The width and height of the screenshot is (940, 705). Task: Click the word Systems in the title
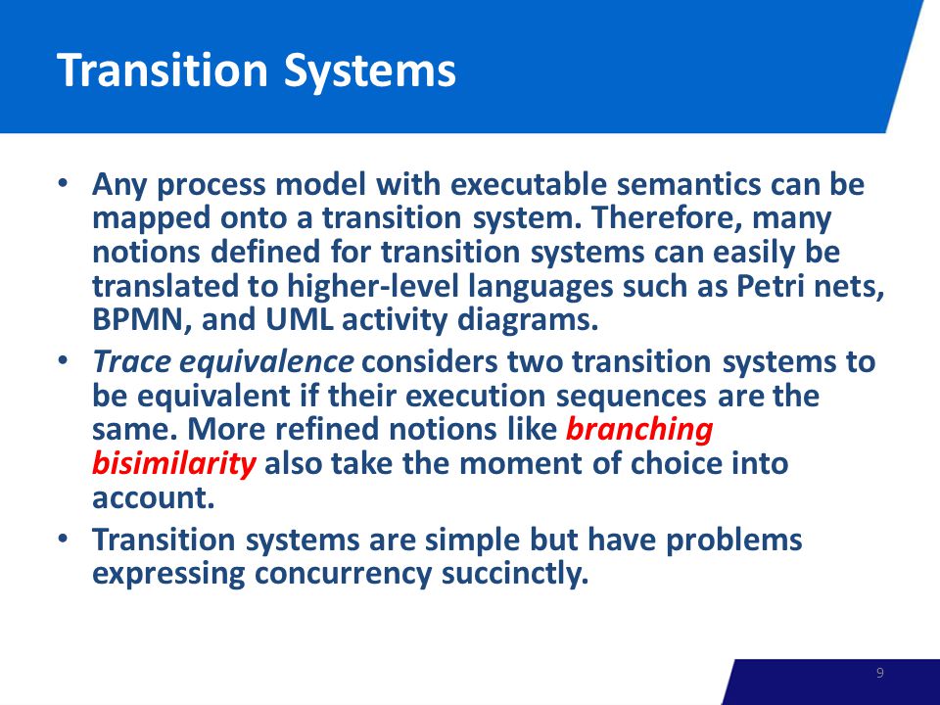pyautogui.click(x=369, y=71)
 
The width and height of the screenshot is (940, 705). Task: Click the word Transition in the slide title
pyautogui.click(x=163, y=70)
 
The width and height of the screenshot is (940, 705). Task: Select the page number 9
pyautogui.click(x=880, y=673)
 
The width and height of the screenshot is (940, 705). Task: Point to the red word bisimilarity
pyautogui.click(x=174, y=464)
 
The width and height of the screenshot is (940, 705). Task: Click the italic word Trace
pyautogui.click(x=131, y=362)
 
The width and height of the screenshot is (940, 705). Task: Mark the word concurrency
pyautogui.click(x=343, y=575)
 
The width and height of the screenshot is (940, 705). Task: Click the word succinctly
pyautogui.click(x=515, y=574)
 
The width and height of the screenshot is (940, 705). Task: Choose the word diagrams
pyautogui.click(x=528, y=320)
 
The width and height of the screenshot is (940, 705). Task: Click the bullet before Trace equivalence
pyautogui.click(x=63, y=362)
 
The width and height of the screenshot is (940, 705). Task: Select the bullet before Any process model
pyautogui.click(x=63, y=184)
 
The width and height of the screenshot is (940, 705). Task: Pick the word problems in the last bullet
pyautogui.click(x=733, y=540)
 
